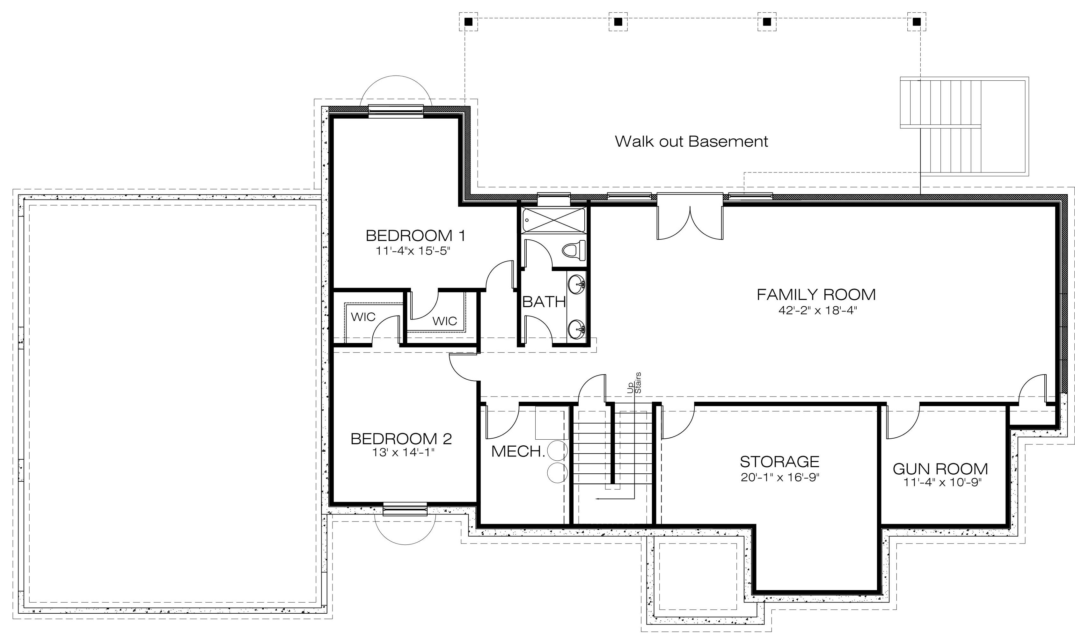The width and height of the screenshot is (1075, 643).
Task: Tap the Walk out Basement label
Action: coord(691,141)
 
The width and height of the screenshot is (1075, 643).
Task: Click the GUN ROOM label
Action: coord(940,469)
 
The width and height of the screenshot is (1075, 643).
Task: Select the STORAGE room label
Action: coord(779,462)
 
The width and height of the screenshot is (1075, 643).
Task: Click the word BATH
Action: coord(544,302)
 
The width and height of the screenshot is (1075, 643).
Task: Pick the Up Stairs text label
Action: coord(634,383)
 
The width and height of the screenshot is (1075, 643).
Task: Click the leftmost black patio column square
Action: coord(468,22)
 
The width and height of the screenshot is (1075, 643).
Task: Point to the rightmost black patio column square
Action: coord(917,22)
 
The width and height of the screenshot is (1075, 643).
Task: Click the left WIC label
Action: coord(363,317)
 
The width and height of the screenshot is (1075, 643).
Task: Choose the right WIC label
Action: coord(444,321)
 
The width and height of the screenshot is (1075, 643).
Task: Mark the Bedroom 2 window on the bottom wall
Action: coord(405,509)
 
